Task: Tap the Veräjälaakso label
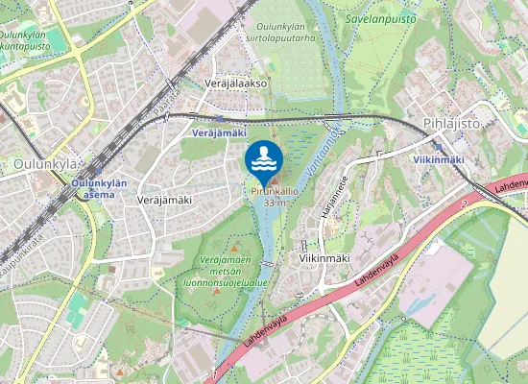point(235,84)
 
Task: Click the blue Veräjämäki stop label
point(220,132)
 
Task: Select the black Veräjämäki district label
point(165,200)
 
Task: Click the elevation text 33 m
point(276,203)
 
